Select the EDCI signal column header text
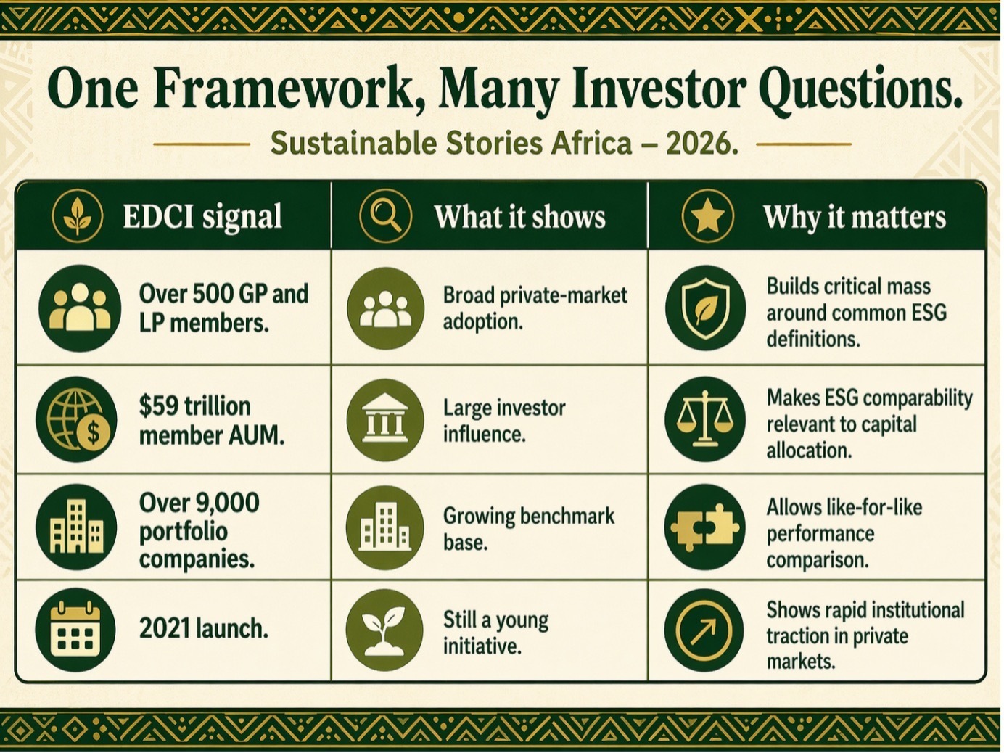pos(202,216)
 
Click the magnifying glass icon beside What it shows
pos(385,215)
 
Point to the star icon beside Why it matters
pos(707,215)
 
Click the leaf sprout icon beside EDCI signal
pos(78,215)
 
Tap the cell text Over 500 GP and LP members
pos(223,308)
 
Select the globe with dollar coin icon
pos(77,419)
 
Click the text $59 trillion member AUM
pos(211,421)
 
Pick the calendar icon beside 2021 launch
pos(75,630)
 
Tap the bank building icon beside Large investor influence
pos(385,419)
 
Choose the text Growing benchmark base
pos(528,529)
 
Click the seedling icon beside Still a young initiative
pos(384,630)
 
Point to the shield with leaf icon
pos(705,308)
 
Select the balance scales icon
pos(704,419)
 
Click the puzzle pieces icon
pos(704,527)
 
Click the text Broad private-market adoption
pos(535,308)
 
